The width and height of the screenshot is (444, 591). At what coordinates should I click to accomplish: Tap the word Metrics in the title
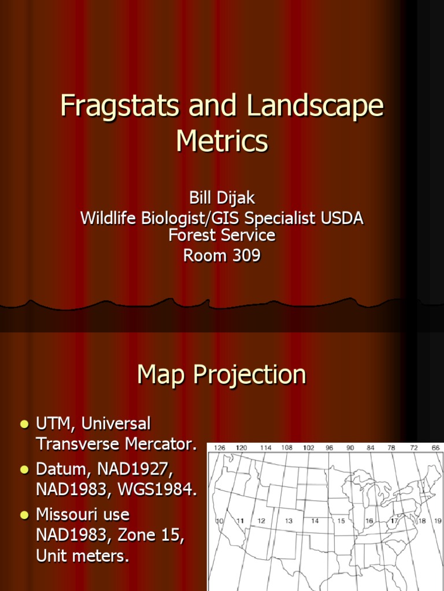pyautogui.click(x=222, y=140)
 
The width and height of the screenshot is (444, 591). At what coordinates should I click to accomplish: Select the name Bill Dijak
pyautogui.click(x=222, y=199)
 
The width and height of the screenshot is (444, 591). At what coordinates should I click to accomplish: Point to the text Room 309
pyautogui.click(x=222, y=255)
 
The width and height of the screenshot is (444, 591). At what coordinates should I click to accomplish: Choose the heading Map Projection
pyautogui.click(x=222, y=375)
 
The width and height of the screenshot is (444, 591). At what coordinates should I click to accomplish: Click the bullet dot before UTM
pyautogui.click(x=24, y=425)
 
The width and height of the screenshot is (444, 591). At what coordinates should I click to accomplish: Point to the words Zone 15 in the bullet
pyautogui.click(x=157, y=536)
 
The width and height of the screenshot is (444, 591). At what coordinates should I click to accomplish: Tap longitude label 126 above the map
pyautogui.click(x=220, y=447)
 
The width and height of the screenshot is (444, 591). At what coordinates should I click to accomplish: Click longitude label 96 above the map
pyautogui.click(x=330, y=447)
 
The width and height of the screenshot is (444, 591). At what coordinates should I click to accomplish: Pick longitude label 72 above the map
pyautogui.click(x=414, y=447)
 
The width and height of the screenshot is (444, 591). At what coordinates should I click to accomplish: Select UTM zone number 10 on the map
pyautogui.click(x=220, y=521)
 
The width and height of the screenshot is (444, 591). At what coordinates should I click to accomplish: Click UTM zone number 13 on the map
pyautogui.click(x=288, y=521)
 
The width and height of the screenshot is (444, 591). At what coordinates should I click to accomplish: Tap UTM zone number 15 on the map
pyautogui.click(x=341, y=521)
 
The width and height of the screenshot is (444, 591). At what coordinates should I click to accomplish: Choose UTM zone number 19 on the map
pyautogui.click(x=438, y=521)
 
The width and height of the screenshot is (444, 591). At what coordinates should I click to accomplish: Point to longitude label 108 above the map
pyautogui.click(x=286, y=447)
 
